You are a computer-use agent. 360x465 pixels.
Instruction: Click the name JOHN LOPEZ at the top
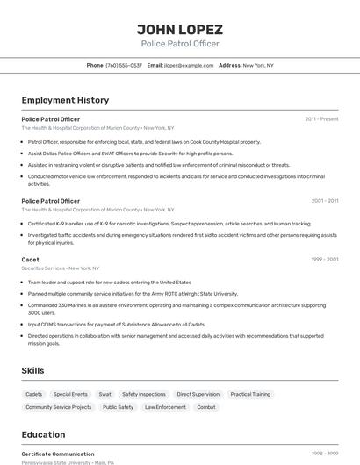tap(179, 29)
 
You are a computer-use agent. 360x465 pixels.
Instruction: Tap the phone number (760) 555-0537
tap(124, 65)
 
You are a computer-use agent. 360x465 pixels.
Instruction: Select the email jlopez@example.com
tap(188, 65)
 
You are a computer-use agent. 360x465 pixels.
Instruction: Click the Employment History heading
tap(65, 100)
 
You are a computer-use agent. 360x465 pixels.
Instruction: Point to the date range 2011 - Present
tap(321, 119)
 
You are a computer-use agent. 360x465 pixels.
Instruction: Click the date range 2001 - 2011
tap(324, 201)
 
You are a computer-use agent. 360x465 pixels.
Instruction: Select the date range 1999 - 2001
tap(324, 260)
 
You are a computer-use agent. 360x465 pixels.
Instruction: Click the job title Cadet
tap(31, 260)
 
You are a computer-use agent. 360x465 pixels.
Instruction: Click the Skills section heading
tap(33, 371)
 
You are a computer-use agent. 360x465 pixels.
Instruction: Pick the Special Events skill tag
tap(70, 395)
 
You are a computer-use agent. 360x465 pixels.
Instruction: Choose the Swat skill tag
tap(104, 395)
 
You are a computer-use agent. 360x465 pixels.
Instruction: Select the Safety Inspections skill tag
tap(144, 395)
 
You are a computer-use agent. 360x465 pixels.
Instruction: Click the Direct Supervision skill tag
tap(198, 395)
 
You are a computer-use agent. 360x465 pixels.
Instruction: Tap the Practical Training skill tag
tap(250, 395)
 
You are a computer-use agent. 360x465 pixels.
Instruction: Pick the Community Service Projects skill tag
tap(58, 407)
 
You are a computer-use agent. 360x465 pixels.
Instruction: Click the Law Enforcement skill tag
tap(165, 407)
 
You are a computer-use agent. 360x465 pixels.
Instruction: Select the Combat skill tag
tap(206, 407)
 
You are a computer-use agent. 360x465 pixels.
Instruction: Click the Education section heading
tap(43, 434)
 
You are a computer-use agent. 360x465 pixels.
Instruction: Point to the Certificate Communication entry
tap(58, 454)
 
